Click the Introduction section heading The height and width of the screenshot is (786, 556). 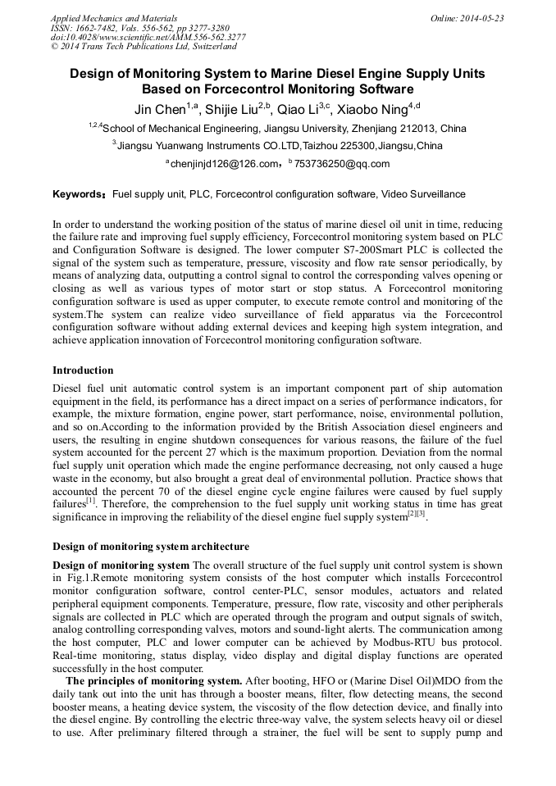coord(83,370)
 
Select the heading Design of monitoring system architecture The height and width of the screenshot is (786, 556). coord(151,547)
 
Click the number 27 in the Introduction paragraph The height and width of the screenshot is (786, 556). coord(217,463)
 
